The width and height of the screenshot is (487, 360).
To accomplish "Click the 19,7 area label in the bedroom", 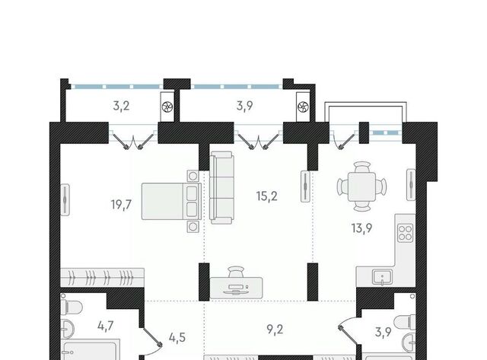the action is [x=121, y=205].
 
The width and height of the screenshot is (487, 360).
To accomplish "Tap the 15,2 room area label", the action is [x=267, y=196].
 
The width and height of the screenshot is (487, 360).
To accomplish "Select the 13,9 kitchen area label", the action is [x=362, y=228].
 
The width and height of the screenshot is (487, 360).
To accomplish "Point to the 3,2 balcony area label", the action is [x=121, y=106].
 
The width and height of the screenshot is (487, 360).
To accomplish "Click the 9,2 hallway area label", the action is [x=275, y=329].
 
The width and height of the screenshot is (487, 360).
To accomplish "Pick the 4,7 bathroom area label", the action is [x=106, y=327].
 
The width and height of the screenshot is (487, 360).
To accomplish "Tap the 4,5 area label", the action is [x=177, y=337].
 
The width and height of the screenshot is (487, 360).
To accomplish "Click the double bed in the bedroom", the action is [x=171, y=201].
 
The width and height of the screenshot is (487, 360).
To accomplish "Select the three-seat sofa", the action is [x=221, y=187].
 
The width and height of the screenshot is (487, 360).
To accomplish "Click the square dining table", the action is [x=362, y=187].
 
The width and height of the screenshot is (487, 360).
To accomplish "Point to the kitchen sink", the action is [x=382, y=277].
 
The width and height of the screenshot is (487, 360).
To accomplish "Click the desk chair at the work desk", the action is [x=236, y=272].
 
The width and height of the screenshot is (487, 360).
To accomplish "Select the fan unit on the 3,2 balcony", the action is [x=167, y=107].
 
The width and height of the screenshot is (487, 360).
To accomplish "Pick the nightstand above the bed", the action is [x=193, y=176].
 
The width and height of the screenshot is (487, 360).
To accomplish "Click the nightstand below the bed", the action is [x=193, y=227].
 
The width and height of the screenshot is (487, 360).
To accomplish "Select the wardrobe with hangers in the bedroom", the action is [x=102, y=277].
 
